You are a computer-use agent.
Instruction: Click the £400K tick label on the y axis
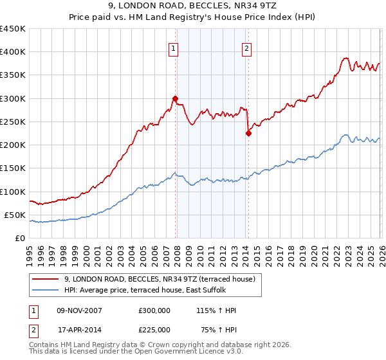12,52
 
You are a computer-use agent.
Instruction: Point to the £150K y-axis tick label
12,168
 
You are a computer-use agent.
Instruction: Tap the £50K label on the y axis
15,215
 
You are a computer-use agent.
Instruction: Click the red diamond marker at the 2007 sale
175,98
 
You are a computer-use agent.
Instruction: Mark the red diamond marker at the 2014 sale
248,134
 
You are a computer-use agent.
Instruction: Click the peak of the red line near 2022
345,58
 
